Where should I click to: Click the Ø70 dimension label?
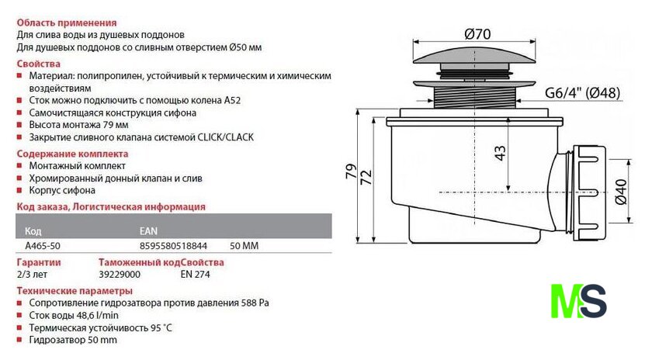pos(477,33)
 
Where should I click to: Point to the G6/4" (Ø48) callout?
pos(582,92)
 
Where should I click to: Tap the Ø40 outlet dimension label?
pos(620,192)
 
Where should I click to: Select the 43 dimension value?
pos(500,153)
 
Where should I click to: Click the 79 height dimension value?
pos(351,171)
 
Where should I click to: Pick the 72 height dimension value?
pos(366,178)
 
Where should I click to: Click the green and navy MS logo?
pos(578,301)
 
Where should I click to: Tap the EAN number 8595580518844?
pos(173,246)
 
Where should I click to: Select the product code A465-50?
pos(43,246)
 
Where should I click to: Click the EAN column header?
pos(148,231)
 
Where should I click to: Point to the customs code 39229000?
pos(120,275)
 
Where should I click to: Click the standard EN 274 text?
pos(195,275)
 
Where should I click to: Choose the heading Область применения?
pos(67,22)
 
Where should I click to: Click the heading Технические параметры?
pos(75,291)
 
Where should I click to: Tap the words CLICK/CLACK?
pos(225,137)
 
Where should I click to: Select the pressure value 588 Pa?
pos(255,303)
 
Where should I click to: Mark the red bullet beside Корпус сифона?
pos(19,190)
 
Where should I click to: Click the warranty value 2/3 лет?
pos(32,275)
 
